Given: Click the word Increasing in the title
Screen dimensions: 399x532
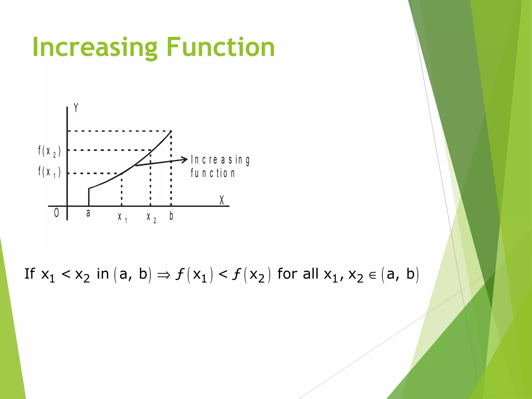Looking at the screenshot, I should [x=95, y=47].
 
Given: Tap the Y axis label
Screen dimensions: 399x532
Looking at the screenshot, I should [x=76, y=108].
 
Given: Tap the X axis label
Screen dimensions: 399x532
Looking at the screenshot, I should [x=222, y=200].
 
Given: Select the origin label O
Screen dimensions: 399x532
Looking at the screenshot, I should [x=56, y=213].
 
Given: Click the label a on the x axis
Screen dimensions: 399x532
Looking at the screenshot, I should [x=88, y=213].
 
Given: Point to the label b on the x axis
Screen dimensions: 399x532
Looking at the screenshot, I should [x=171, y=216].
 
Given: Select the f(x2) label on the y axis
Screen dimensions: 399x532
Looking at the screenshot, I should [x=49, y=151].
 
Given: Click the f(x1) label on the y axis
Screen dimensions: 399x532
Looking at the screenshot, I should [x=49, y=172].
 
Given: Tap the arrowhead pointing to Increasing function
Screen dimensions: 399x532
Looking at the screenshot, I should [x=185, y=159].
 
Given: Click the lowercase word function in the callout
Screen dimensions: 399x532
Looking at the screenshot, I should [x=212, y=173].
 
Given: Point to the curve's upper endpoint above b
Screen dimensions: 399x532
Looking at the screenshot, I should [x=171, y=132].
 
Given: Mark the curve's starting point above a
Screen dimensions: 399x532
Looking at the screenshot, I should [x=89, y=189].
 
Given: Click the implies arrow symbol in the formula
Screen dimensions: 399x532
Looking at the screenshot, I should [x=164, y=275].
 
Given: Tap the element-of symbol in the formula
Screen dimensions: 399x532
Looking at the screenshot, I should [x=373, y=276].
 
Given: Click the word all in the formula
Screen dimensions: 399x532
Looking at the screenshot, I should [x=310, y=274].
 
